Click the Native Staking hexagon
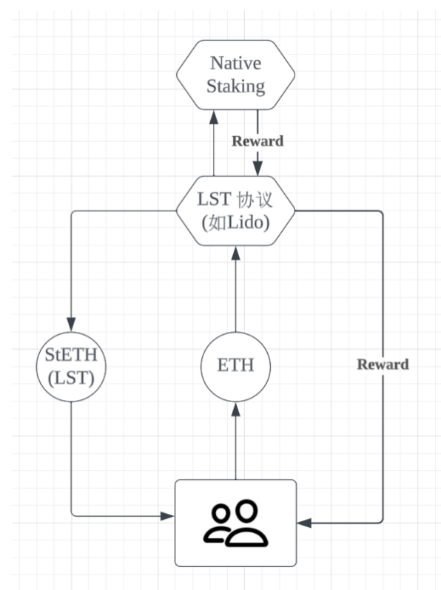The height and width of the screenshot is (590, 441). (x=235, y=75)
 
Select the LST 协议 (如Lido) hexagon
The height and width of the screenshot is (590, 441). (x=235, y=211)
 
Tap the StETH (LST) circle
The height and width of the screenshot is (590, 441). (x=71, y=367)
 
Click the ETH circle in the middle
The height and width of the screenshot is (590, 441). (x=235, y=367)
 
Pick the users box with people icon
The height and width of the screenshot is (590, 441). (x=235, y=523)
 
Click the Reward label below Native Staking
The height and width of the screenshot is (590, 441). (x=257, y=141)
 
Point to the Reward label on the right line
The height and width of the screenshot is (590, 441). (x=383, y=364)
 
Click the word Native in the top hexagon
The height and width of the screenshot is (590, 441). (x=235, y=63)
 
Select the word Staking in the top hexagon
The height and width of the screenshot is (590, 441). (x=236, y=87)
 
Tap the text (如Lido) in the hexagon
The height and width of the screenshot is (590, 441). (x=236, y=223)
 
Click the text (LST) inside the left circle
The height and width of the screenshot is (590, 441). (x=71, y=378)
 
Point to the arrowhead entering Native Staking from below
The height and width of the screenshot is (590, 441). (x=214, y=117)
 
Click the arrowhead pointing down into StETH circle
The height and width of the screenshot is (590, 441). (x=71, y=325)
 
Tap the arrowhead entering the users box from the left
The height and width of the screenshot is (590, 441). (x=167, y=516)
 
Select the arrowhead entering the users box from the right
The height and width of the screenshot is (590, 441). (x=304, y=523)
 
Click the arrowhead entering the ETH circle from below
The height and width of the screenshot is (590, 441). (x=236, y=409)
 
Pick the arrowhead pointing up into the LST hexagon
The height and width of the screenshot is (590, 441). (x=236, y=254)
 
